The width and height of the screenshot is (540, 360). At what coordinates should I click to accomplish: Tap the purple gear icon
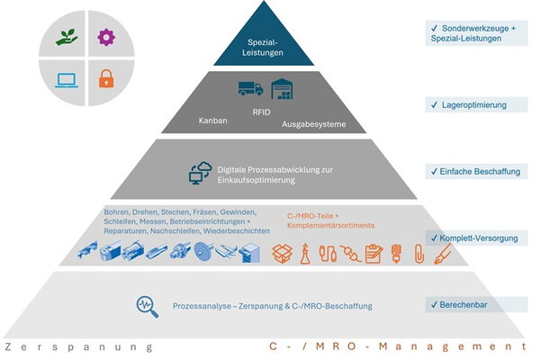point(106,37)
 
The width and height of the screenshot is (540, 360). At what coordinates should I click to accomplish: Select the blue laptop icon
point(67,78)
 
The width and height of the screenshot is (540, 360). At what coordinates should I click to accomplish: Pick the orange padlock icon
point(105,78)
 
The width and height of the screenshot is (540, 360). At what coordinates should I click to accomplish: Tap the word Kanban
point(211,120)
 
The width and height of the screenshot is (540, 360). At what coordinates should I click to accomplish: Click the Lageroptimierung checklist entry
point(469,105)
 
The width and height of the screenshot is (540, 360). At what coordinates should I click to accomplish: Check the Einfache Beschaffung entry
point(473,170)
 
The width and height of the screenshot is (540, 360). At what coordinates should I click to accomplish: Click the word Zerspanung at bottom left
point(78,346)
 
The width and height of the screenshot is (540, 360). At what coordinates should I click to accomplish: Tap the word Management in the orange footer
point(460,346)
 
